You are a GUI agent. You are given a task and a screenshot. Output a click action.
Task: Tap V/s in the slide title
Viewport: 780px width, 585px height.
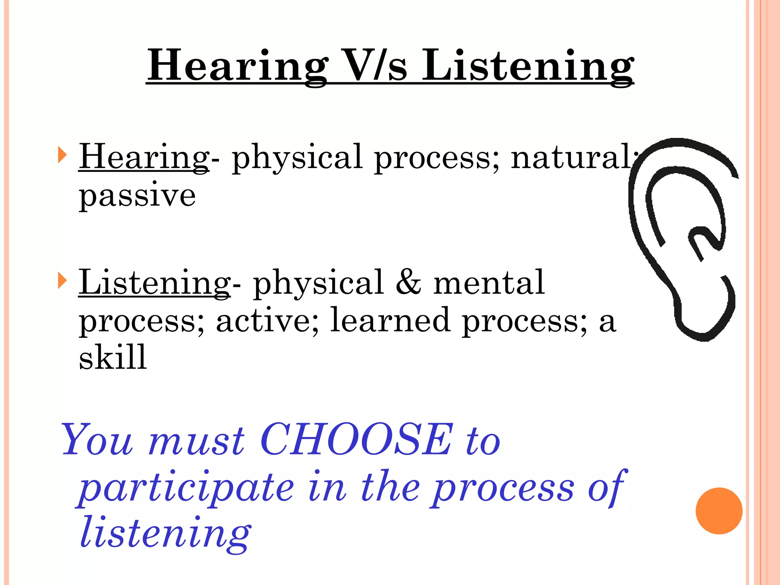[x=377, y=66]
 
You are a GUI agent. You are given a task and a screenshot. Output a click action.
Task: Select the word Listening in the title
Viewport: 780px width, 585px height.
[x=527, y=66]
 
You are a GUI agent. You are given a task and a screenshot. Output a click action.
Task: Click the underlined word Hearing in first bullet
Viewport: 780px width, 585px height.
[x=144, y=157]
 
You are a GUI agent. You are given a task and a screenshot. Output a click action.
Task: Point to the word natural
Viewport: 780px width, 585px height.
[x=571, y=157]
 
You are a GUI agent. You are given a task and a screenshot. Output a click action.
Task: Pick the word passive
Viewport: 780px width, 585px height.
[x=137, y=195]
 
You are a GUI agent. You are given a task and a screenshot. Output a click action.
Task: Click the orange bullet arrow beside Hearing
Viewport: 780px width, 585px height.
[x=62, y=155]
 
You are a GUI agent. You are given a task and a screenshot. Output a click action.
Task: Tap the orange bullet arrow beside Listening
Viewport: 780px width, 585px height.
[x=62, y=281]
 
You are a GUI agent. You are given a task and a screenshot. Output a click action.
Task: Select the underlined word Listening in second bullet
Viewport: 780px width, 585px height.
[x=154, y=283]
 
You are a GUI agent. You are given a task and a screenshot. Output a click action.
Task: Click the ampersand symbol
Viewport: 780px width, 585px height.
[x=409, y=283]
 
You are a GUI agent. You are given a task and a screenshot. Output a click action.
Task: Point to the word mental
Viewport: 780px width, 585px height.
[x=489, y=283]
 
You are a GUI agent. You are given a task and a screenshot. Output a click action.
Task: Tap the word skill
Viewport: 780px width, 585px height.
[x=113, y=357]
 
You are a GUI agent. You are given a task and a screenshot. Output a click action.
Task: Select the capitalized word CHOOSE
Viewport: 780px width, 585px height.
[x=357, y=440]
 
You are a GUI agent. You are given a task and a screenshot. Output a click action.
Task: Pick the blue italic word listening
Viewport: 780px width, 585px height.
[x=165, y=532]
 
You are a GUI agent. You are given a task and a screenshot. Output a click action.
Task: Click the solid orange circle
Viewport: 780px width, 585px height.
[x=719, y=511]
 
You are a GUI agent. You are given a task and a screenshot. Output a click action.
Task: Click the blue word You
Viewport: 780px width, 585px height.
[x=97, y=440]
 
